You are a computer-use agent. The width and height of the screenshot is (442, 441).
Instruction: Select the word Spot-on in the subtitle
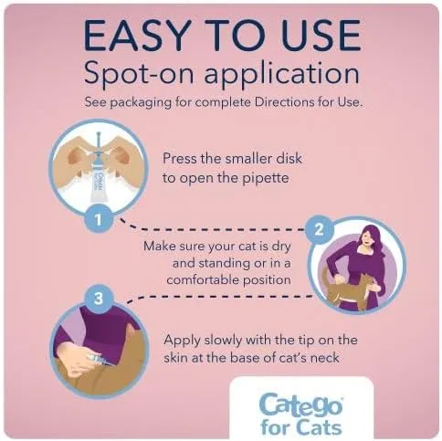(139, 74)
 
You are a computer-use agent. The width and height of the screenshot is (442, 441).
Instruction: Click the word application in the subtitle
(282, 74)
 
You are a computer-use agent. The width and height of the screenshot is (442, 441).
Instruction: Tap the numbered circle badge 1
(99, 219)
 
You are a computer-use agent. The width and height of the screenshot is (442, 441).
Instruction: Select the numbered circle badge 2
(319, 229)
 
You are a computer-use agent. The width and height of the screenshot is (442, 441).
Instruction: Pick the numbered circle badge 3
(99, 299)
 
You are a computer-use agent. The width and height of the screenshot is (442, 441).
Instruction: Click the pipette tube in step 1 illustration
(99, 174)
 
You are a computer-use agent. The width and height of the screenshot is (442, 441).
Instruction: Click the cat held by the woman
(349, 286)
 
